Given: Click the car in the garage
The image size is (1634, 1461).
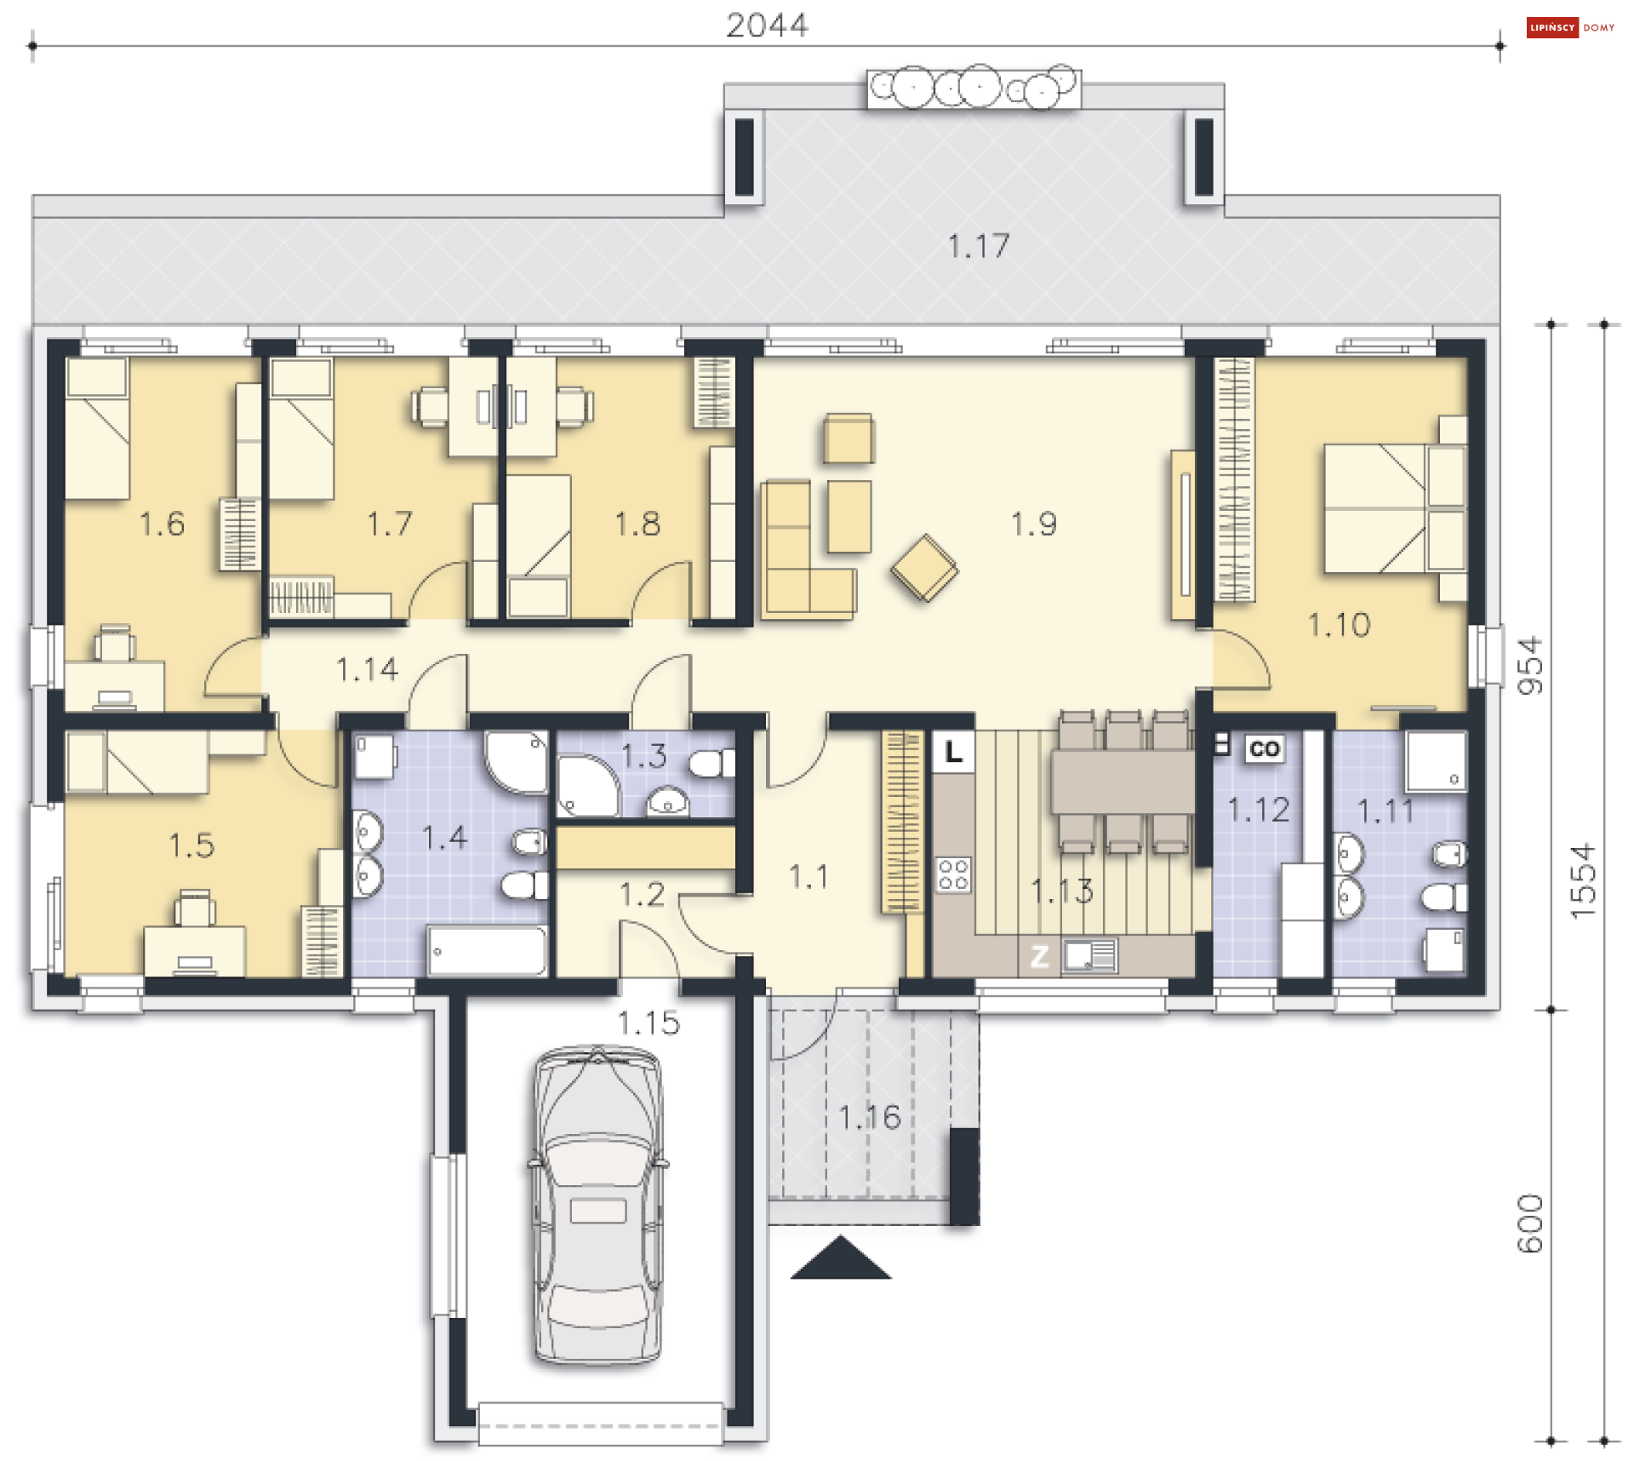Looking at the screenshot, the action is click(598, 1206).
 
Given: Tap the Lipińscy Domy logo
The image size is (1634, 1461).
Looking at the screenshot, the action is click(1571, 27).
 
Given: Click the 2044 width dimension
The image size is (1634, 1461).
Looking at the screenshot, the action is click(767, 26).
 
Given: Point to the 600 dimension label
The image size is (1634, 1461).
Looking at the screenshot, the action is click(1529, 1223).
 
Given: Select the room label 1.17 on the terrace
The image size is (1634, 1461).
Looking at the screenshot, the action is click(979, 246).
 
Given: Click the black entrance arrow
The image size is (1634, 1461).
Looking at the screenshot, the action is click(841, 1258).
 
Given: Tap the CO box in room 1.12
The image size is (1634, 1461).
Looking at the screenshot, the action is click(1264, 748).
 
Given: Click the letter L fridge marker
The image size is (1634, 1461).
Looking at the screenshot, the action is click(953, 752).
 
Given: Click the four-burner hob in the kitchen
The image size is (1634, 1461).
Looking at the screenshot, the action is click(953, 874).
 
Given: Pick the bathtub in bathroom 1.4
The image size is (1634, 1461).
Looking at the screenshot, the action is click(488, 950).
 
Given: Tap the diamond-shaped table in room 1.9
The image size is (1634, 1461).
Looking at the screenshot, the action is click(925, 568).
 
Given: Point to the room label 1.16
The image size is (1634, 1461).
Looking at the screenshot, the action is click(869, 1117).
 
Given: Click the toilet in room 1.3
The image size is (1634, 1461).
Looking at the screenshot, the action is click(711, 763).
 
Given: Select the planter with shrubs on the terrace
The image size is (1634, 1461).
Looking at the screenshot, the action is click(974, 88).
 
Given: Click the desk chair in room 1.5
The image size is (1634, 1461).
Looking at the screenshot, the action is click(194, 908).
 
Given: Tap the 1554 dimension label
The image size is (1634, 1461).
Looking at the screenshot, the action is click(1582, 880).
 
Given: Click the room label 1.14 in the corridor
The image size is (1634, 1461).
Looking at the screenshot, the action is click(367, 669).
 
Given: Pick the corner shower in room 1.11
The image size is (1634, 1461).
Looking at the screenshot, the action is click(1436, 761).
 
